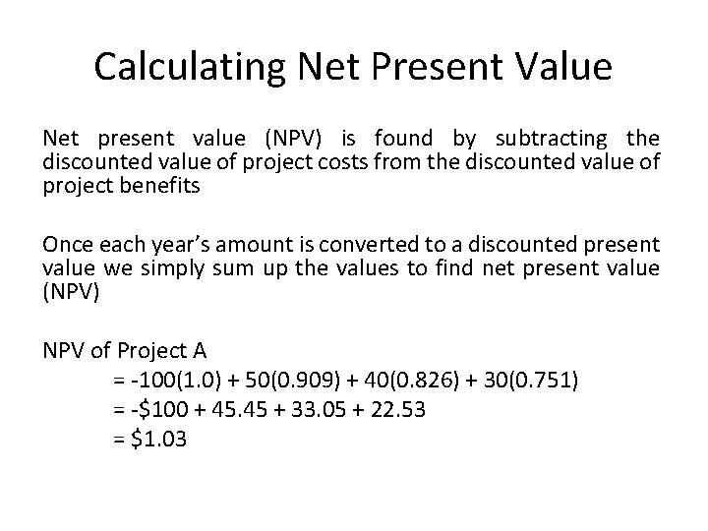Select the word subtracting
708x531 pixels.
click(561, 139)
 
